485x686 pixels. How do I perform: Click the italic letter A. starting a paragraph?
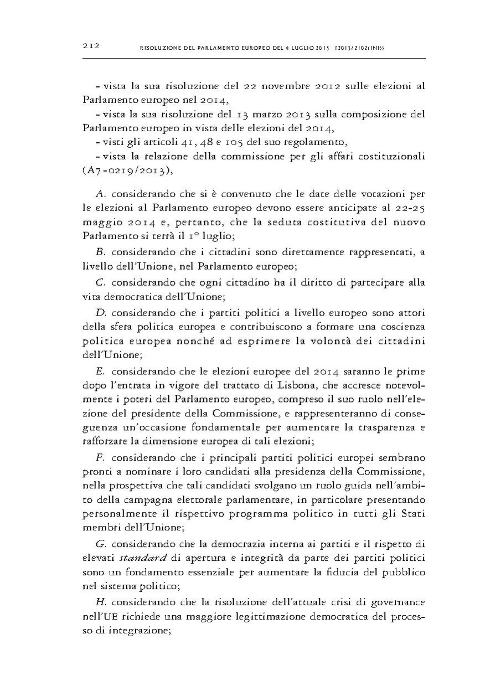click(101, 193)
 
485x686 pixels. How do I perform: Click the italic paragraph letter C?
click(101, 283)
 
